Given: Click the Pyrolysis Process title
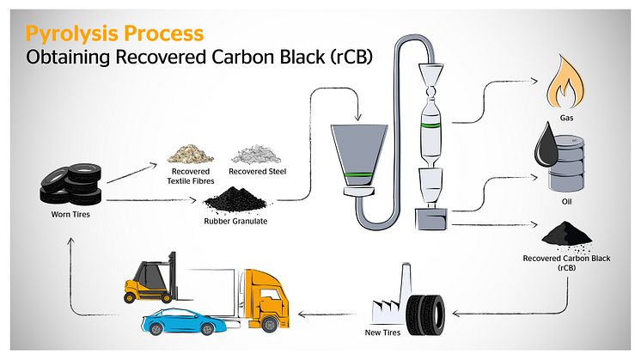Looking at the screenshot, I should [114, 34].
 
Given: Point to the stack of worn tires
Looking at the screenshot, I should [71, 181].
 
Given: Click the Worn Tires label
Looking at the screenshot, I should [71, 214].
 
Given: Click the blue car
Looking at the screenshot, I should [182, 322].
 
